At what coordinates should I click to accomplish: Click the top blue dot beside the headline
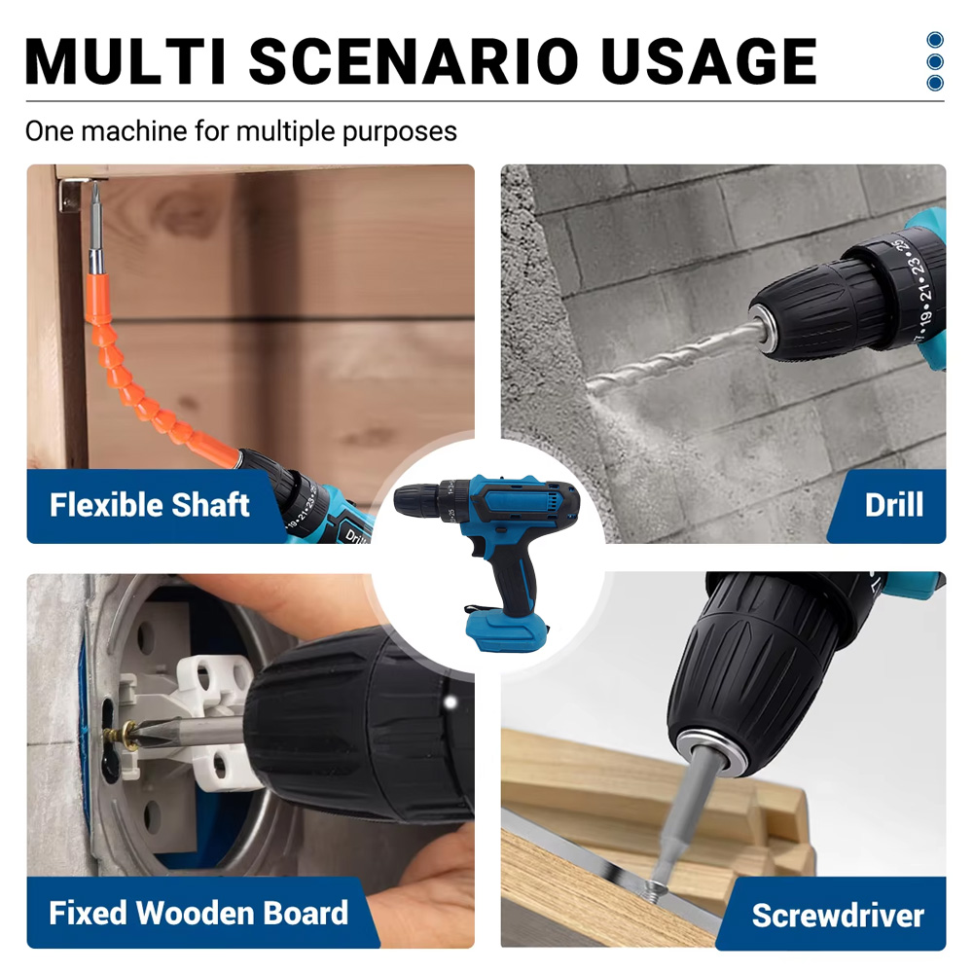click(x=935, y=40)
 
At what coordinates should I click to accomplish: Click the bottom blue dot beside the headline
click(x=935, y=83)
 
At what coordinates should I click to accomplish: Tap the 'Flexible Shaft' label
click(x=149, y=505)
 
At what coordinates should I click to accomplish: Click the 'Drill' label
click(x=893, y=505)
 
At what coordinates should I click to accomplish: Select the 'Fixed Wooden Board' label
click(x=198, y=913)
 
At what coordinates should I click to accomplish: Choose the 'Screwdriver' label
click(x=837, y=915)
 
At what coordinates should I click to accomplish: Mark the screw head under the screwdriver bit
click(x=655, y=886)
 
